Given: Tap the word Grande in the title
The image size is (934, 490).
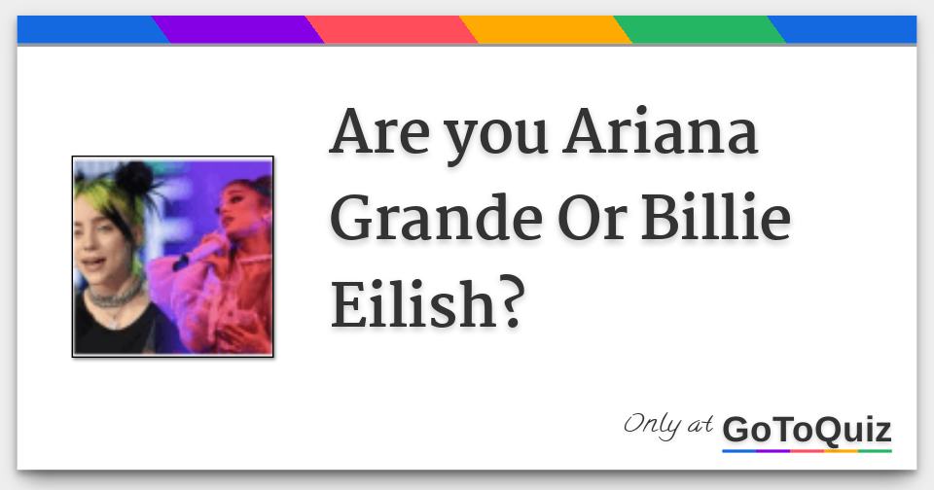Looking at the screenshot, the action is [436, 218].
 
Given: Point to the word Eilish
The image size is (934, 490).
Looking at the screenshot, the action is [413, 302].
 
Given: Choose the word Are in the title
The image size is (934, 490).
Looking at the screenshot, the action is [379, 131].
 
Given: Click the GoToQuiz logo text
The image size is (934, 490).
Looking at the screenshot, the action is [808, 430].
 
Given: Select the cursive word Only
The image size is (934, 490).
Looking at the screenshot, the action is [652, 426].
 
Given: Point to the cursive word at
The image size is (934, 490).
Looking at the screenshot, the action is [700, 425].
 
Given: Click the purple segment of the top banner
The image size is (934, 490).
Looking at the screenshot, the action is [238, 29].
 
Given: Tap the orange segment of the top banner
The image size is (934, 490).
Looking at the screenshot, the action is [546, 29].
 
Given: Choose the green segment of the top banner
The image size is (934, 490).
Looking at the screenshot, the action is [700, 29].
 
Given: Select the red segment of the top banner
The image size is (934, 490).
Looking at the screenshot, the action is [392, 29].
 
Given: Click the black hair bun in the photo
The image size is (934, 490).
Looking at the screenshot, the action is [134, 177].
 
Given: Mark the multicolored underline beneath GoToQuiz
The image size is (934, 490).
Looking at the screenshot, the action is [808, 451].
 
